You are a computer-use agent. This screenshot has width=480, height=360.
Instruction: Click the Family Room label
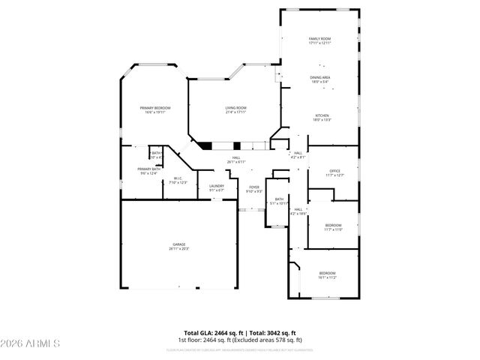319,38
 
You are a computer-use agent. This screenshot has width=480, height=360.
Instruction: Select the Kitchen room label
322,115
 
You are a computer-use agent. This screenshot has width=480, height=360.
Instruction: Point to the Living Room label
236,108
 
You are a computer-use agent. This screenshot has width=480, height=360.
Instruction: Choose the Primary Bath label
148,169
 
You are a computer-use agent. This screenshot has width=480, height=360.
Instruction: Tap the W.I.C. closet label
178,178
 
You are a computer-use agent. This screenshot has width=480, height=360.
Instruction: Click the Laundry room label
217,186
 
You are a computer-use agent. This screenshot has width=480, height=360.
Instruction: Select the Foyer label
254,187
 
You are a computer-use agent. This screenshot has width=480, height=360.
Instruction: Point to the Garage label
179,244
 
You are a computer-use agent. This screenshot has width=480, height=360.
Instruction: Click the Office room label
334,171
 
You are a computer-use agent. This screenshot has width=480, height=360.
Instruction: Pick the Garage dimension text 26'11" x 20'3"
179,248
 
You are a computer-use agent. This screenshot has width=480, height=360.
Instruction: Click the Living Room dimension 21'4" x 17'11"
236,112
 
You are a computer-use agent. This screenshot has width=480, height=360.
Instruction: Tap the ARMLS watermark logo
31,343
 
